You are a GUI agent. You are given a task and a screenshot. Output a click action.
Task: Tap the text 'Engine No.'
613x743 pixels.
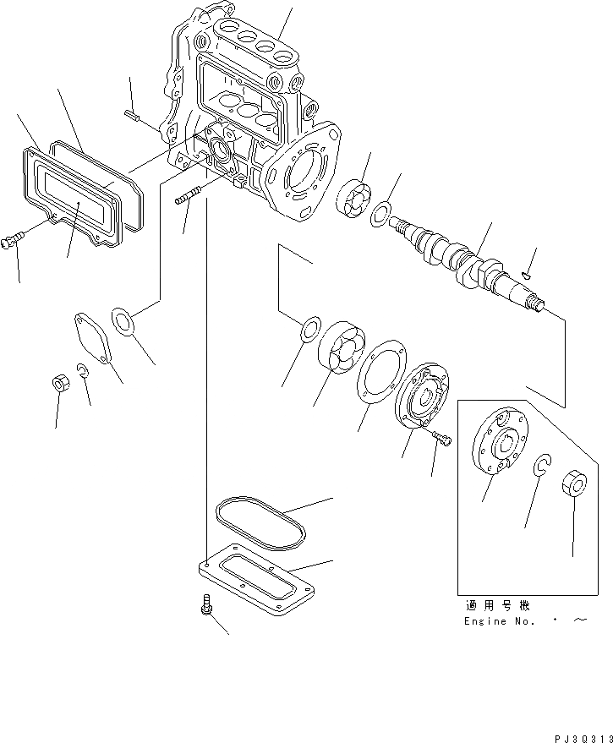(499, 620)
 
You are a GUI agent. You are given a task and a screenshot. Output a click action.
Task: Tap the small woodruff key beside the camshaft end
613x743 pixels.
(527, 274)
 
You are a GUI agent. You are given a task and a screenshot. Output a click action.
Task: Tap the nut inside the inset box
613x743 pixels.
(574, 485)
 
